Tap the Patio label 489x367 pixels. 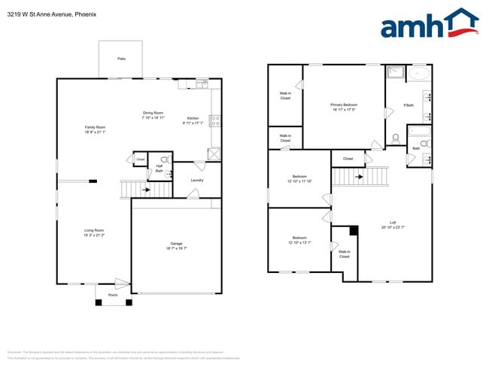tap(121, 58)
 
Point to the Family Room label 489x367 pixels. tap(95, 129)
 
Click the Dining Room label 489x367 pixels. tap(153, 115)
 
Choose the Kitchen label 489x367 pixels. tap(193, 120)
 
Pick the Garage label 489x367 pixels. tap(176, 246)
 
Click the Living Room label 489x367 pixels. tap(94, 232)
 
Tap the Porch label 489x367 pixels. tap(113, 295)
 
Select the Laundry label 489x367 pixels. tap(197, 180)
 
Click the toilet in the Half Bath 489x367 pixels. tap(165, 160)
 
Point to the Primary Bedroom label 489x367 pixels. tap(344, 107)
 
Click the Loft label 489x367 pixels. tap(393, 225)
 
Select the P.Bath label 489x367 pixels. tap(409, 105)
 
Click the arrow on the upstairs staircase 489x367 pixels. tap(359, 177)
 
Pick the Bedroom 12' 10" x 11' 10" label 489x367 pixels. tap(299, 180)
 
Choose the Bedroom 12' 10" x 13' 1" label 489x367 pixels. tap(299, 241)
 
